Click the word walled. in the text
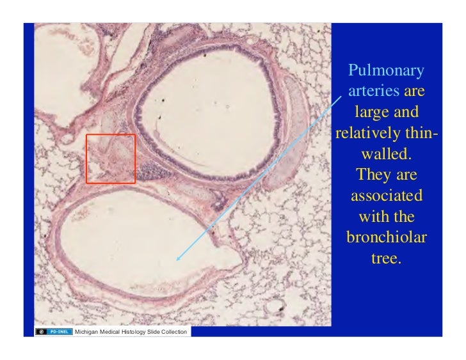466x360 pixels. (386, 155)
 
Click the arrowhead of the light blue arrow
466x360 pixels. (178, 259)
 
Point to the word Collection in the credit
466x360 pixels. (172, 332)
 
